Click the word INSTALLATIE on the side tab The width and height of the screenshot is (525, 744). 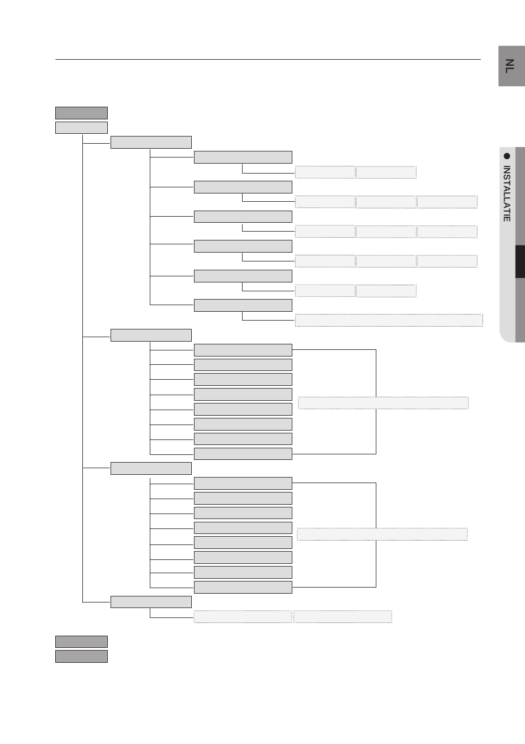[507, 193]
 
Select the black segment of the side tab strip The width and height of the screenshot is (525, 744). [519, 262]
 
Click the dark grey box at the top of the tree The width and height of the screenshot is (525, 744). [81, 113]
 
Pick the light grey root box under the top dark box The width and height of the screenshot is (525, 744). [81, 128]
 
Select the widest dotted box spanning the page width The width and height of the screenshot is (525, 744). [389, 320]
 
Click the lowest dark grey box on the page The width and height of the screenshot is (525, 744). [81, 656]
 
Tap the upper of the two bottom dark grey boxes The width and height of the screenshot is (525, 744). [81, 642]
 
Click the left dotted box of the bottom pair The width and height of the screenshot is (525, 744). [243, 616]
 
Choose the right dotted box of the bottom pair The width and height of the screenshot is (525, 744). [343, 616]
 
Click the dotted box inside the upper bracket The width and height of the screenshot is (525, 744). [383, 402]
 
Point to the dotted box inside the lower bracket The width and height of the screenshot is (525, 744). [382, 534]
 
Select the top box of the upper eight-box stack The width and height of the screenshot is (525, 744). [243, 350]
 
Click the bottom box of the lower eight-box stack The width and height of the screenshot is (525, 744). [243, 587]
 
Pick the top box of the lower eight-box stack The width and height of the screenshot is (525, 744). [243, 483]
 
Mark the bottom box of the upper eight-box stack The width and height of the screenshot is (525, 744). [243, 454]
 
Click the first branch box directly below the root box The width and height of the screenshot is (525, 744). [151, 142]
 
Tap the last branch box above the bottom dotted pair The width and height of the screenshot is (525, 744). [151, 602]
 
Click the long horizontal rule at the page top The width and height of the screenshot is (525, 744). [268, 59]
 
